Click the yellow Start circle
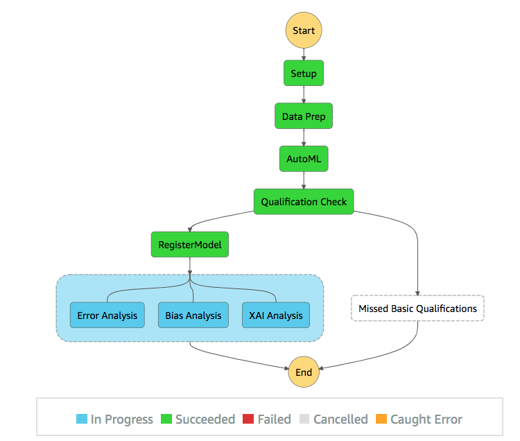tap(304, 31)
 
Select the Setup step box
tap(304, 73)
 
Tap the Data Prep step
tap(304, 116)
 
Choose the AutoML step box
tap(304, 159)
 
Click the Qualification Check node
tap(304, 202)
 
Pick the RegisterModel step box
tap(190, 244)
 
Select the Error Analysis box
tap(107, 315)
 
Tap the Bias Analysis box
tap(193, 315)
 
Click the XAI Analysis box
tap(275, 315)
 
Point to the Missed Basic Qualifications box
tap(417, 308)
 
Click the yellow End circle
tap(304, 372)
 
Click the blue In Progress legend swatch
tap(82, 419)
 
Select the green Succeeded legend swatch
tap(166, 419)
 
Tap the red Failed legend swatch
tap(248, 419)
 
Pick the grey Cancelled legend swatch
tap(304, 419)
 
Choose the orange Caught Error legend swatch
tap(381, 419)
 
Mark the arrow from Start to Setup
tap(304, 54)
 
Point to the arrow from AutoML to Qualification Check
tap(304, 180)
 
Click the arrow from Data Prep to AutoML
tap(304, 137)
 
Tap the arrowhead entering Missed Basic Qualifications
tap(417, 293)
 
